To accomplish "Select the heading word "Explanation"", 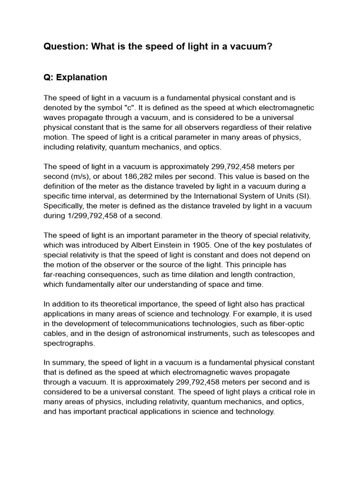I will tap(82, 77).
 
